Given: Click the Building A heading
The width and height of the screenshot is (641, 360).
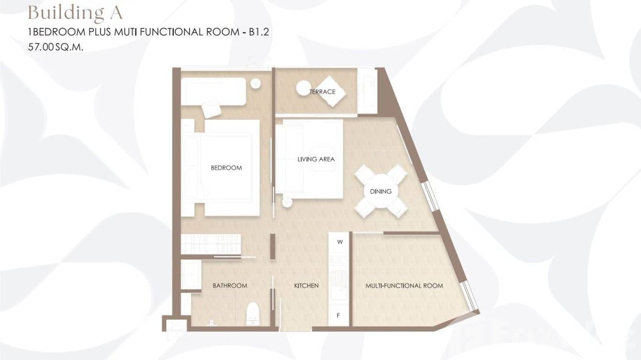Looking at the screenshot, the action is [x=75, y=13].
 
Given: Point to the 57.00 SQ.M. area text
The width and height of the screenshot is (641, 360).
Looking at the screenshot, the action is [x=55, y=47].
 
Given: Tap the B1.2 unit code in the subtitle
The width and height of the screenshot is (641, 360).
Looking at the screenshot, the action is [x=259, y=32].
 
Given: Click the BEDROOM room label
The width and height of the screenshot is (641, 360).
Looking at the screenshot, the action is [x=226, y=168].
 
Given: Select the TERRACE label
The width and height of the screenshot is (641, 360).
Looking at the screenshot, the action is [x=322, y=92].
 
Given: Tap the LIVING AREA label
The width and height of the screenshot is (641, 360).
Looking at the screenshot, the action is [x=316, y=159].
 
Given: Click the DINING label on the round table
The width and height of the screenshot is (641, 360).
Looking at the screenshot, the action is [x=381, y=191].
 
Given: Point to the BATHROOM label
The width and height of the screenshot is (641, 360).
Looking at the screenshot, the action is [x=230, y=286].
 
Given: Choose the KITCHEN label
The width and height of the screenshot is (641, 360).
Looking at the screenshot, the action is [x=306, y=286].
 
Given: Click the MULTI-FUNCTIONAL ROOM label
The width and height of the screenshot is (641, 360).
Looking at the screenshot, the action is [x=404, y=286].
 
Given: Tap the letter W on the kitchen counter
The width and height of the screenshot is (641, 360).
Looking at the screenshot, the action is [x=340, y=242].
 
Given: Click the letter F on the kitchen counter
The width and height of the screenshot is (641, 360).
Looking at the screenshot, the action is [x=338, y=316].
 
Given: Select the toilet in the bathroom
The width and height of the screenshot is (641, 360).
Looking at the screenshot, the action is [x=253, y=314].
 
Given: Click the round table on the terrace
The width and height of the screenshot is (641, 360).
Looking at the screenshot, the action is [x=303, y=88].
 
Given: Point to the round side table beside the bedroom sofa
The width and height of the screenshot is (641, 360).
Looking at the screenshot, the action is [x=256, y=84].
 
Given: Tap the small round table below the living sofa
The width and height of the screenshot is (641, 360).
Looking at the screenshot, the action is [x=287, y=202].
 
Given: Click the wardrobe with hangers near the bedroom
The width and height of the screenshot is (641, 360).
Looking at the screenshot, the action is [x=211, y=244].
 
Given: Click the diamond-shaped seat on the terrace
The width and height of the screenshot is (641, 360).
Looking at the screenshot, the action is [x=331, y=92].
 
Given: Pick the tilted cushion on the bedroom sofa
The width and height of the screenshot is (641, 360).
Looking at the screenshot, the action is [x=212, y=109].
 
